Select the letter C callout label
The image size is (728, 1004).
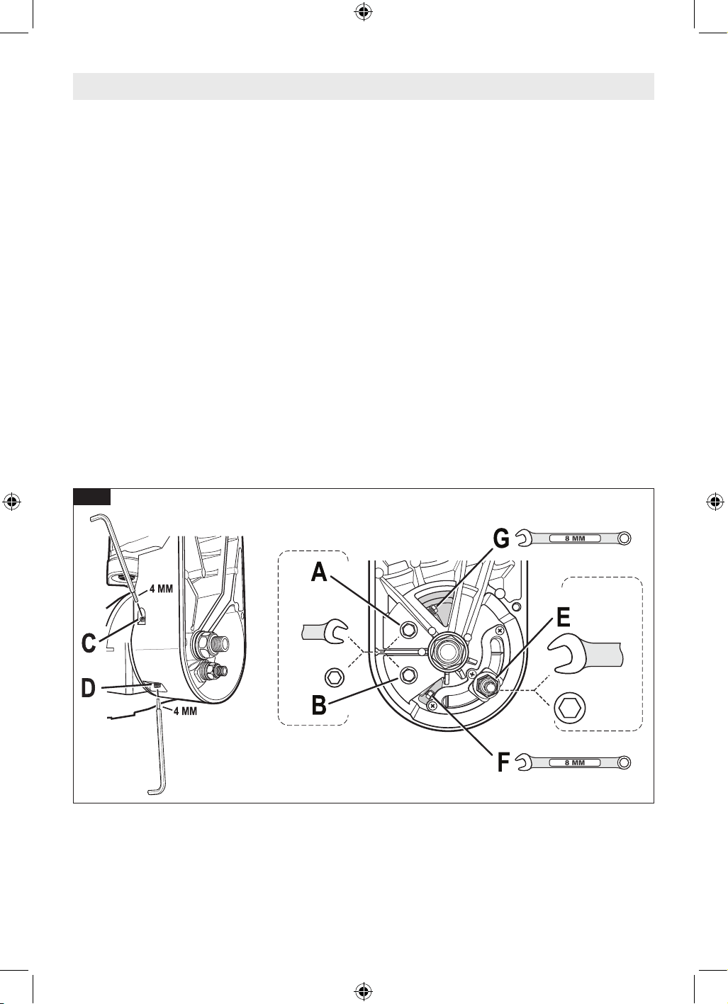click(89, 643)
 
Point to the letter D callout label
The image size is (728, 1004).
click(89, 689)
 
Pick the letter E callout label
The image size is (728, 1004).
click(564, 618)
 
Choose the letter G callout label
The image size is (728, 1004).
click(501, 538)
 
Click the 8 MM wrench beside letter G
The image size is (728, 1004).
click(573, 538)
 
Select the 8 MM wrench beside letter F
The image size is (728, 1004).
click(573, 762)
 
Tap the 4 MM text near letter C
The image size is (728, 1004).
click(161, 589)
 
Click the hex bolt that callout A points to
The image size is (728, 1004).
click(408, 630)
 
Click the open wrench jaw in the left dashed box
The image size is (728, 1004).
click(324, 631)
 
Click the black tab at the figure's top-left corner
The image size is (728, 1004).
click(92, 496)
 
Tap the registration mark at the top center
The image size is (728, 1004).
click(364, 13)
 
